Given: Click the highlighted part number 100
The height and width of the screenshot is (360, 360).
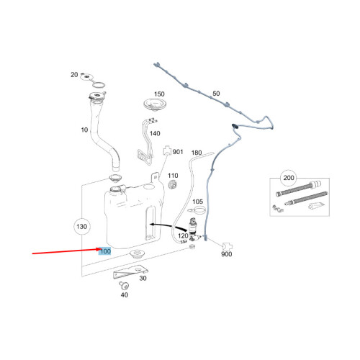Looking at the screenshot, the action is click(105, 251).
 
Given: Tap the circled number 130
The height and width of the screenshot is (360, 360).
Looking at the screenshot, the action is click(81, 226).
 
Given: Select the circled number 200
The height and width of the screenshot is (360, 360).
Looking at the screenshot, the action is click(289, 178).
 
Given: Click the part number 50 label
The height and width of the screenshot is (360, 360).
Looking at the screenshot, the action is click(216, 94).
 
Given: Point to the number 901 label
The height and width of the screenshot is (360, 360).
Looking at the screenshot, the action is click(178, 152).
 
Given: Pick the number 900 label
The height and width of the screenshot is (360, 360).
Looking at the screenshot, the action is click(226, 254).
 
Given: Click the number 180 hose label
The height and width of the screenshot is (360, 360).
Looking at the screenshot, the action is click(197, 153).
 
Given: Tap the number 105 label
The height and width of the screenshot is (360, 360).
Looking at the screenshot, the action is click(197, 202).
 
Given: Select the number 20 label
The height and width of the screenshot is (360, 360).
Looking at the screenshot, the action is click(74, 75).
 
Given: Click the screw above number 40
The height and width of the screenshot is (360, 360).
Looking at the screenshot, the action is click(124, 285).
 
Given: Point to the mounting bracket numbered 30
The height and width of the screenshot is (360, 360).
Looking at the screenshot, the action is click(130, 271).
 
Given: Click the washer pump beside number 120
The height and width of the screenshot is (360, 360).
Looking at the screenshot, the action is click(193, 229).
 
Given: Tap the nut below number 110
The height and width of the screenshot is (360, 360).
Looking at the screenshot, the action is click(173, 185).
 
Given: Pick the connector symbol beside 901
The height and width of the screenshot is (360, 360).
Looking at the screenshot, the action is click(167, 150).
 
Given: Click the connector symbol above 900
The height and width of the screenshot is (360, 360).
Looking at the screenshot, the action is click(228, 246).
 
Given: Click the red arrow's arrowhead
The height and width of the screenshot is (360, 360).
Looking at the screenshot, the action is click(98, 250).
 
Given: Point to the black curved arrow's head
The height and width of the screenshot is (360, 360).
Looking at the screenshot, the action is click(152, 225).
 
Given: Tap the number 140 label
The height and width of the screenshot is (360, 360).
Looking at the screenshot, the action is click(155, 133).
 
